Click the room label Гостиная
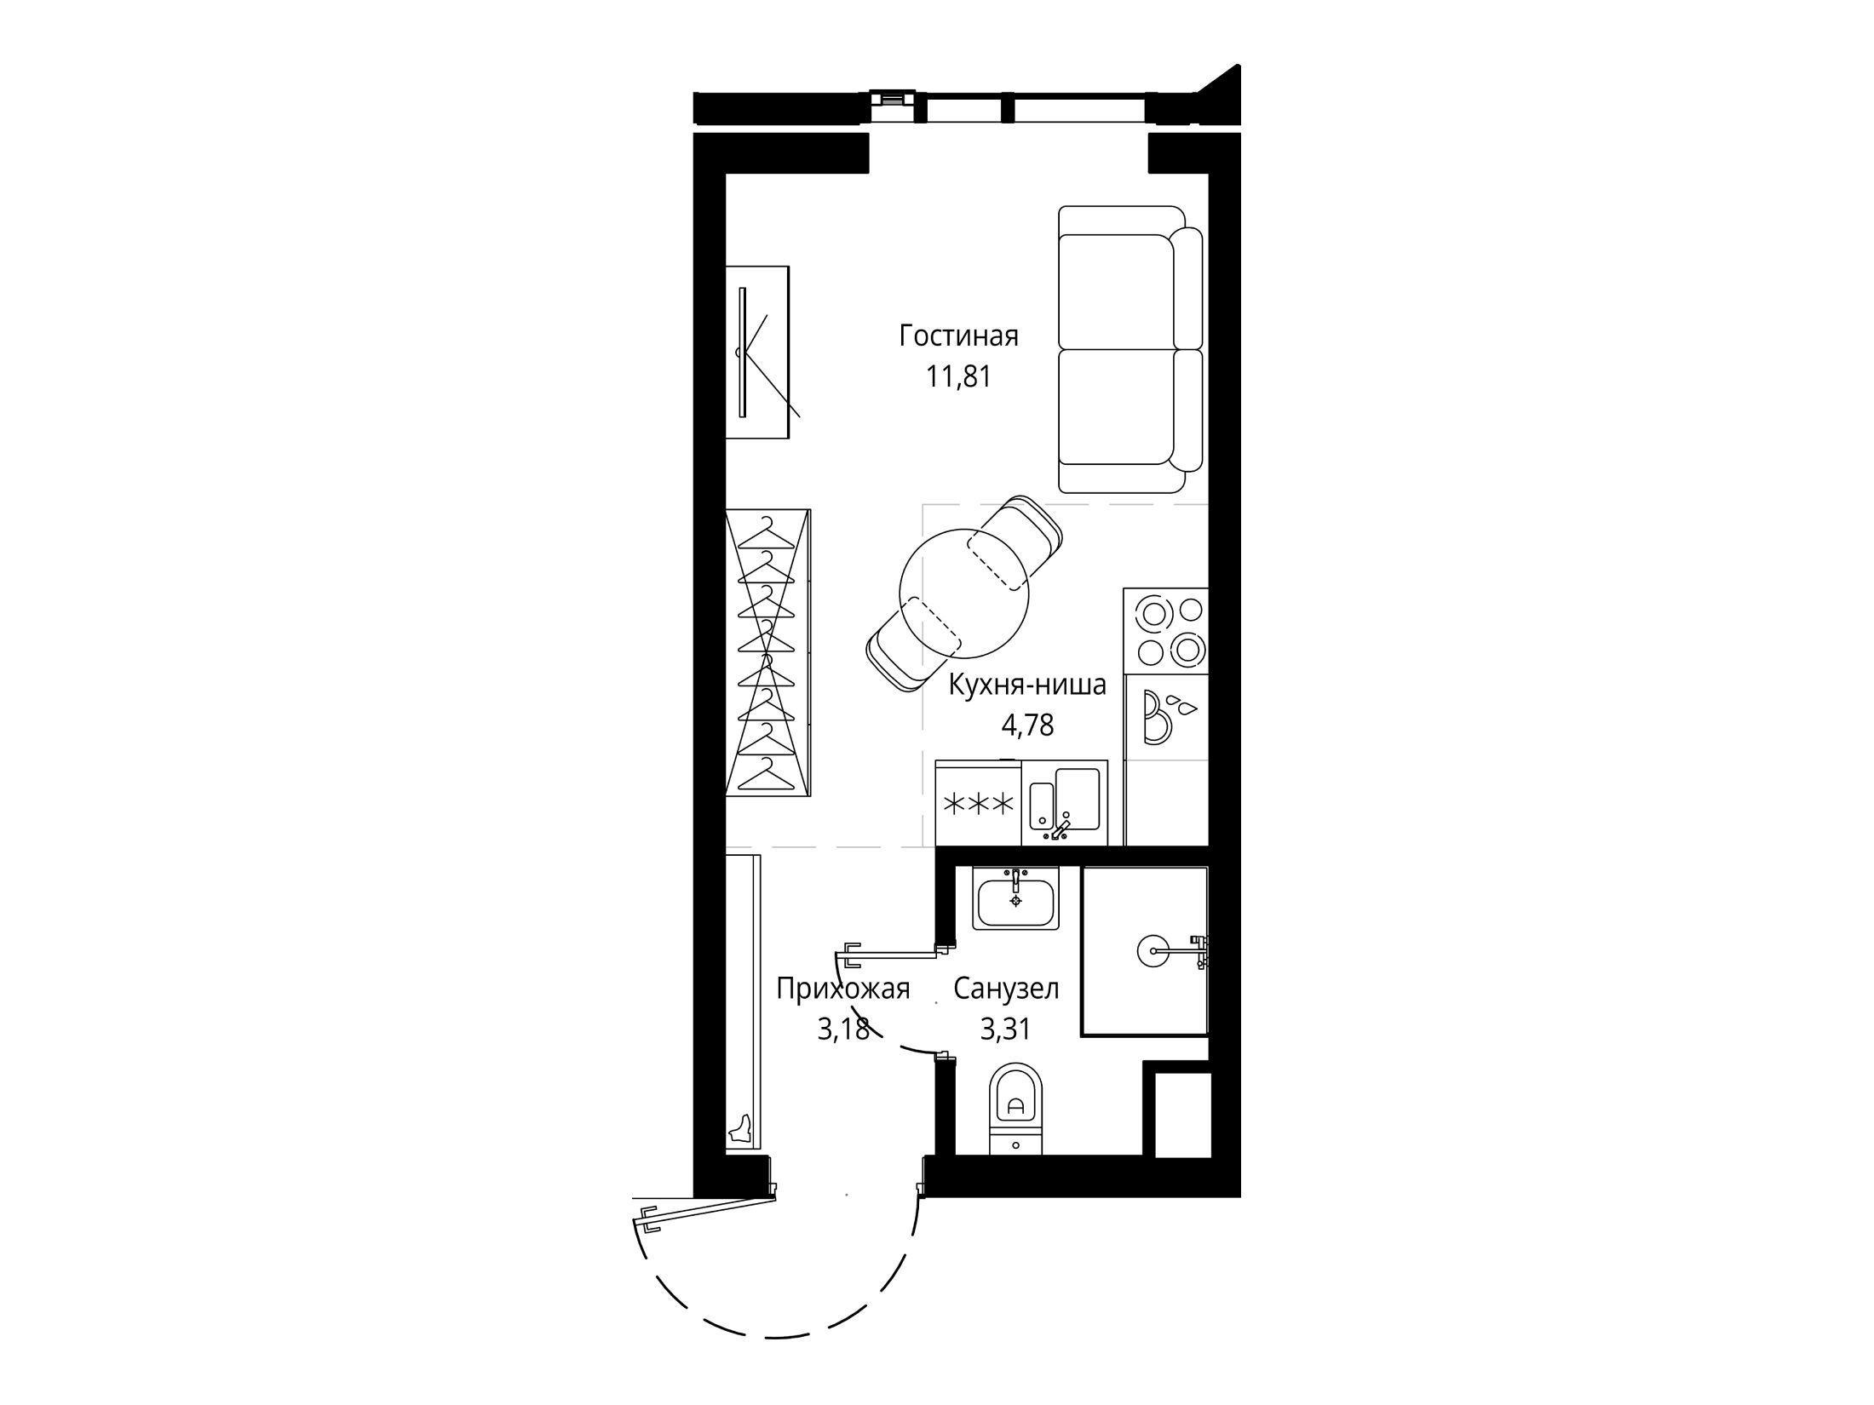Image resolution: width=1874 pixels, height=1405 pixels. pyautogui.click(x=958, y=336)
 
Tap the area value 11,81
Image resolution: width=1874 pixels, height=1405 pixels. pyautogui.click(x=959, y=376)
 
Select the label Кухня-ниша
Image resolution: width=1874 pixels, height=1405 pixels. pyautogui.click(x=1028, y=685)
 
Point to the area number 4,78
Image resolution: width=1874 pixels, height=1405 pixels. pyautogui.click(x=1028, y=725)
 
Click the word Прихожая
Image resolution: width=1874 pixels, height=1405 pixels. pyautogui.click(x=843, y=989)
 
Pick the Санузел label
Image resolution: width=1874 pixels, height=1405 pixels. pyautogui.click(x=1006, y=989)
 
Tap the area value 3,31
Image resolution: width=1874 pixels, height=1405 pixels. pyautogui.click(x=1006, y=1029)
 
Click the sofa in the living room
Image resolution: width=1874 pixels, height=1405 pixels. pyautogui.click(x=1130, y=349)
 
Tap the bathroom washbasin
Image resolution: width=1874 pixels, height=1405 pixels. pyautogui.click(x=1015, y=899)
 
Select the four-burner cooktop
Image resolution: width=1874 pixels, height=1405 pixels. pyautogui.click(x=1166, y=631)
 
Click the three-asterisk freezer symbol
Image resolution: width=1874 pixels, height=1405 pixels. pyautogui.click(x=977, y=803)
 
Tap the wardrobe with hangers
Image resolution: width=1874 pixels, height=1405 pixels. pyautogui.click(x=767, y=653)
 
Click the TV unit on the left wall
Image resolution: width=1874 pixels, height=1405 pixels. pyautogui.click(x=757, y=353)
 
